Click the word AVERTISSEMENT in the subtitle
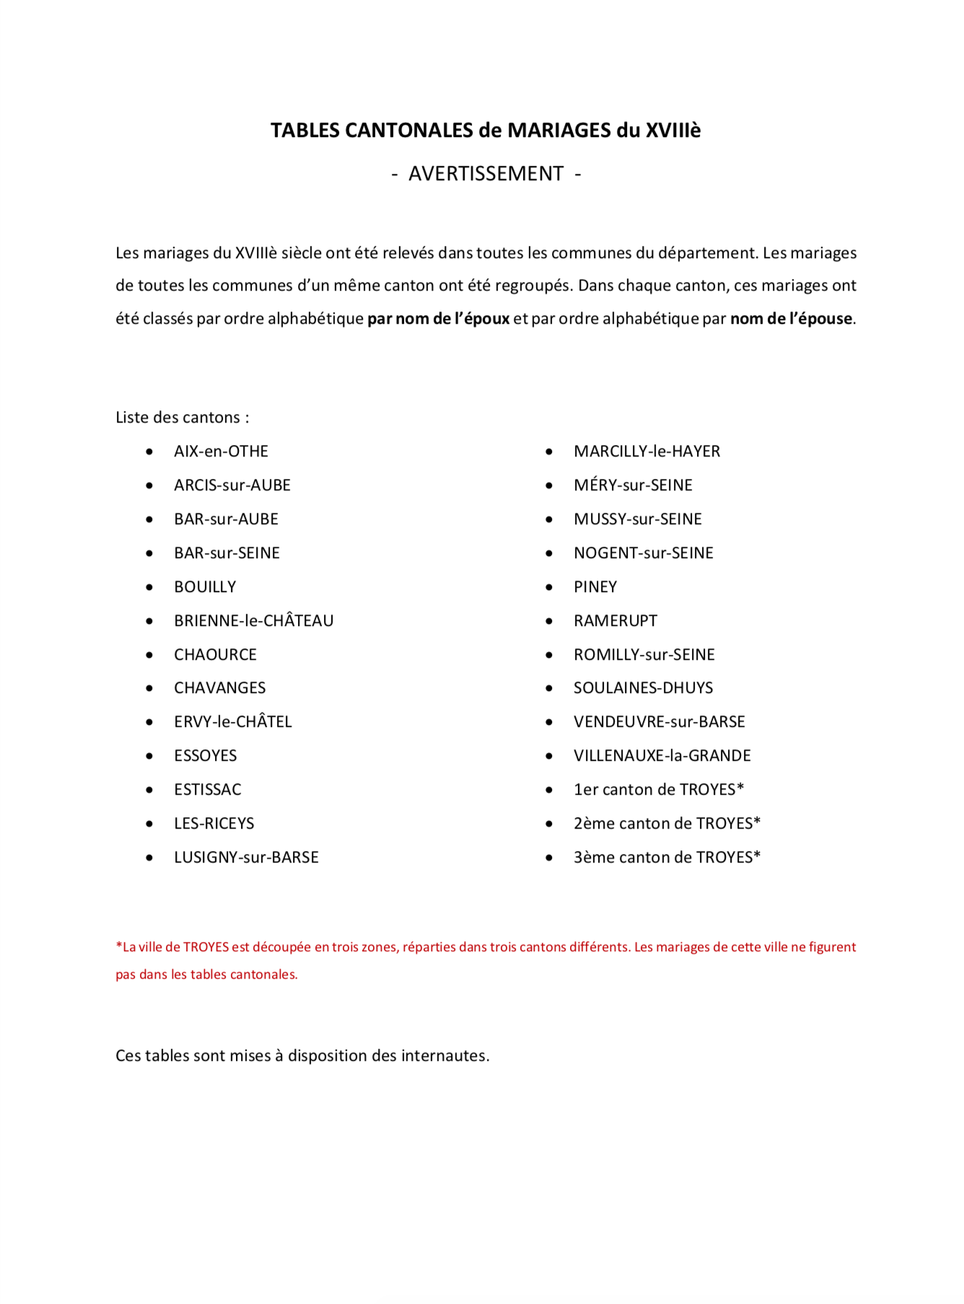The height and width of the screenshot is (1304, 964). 486,174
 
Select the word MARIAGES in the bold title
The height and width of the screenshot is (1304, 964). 559,131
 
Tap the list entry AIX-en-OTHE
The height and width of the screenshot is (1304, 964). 221,451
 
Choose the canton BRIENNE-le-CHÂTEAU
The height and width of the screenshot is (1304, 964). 253,621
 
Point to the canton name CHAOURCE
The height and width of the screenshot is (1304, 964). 215,655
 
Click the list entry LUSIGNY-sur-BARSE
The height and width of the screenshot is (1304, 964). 246,858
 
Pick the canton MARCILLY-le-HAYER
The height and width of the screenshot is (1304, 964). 647,451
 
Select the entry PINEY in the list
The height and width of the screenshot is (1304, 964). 595,587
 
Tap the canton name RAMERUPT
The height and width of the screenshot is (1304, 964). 615,621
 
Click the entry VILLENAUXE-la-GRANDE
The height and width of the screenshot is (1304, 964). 662,756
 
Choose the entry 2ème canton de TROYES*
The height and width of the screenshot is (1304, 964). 667,824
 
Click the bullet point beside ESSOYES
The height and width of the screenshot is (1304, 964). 149,756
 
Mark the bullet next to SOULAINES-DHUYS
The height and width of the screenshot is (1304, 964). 549,688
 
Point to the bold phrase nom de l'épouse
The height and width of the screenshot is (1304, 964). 791,319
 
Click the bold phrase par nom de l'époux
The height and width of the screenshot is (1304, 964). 439,319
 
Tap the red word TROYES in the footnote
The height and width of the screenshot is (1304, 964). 206,947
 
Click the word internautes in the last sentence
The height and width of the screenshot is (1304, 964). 444,1056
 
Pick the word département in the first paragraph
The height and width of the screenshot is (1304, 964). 706,253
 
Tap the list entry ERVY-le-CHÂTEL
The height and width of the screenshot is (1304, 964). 232,722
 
